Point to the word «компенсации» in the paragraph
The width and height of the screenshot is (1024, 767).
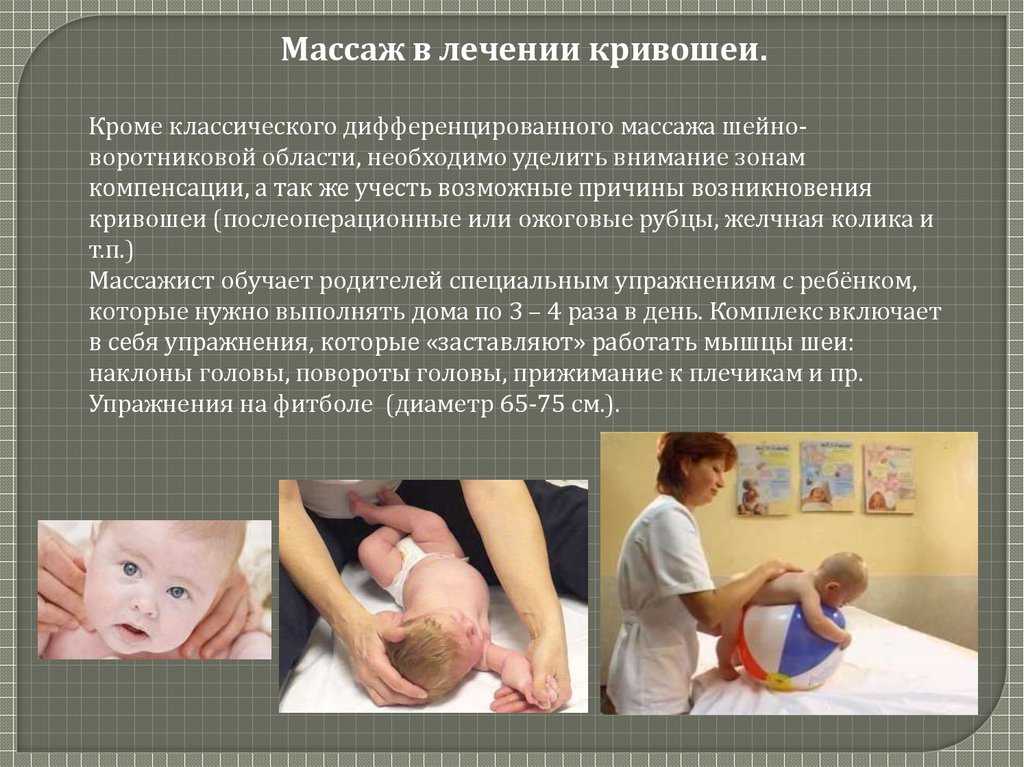point(168,189)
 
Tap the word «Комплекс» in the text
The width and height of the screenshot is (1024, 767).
point(766,312)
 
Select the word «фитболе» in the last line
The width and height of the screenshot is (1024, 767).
point(322,404)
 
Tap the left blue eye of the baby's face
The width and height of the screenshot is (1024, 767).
point(131,570)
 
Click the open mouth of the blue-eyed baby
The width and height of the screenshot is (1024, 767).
point(134,632)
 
